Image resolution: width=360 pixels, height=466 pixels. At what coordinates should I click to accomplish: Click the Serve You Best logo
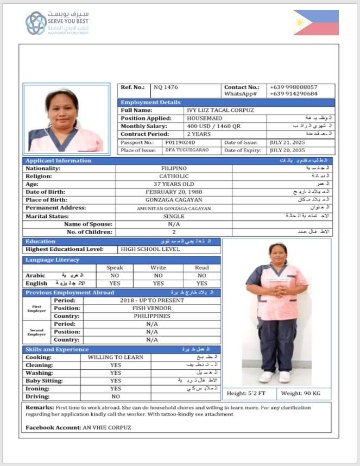[x=56, y=23]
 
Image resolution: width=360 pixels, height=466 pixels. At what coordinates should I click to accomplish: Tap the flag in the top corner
[x=315, y=22]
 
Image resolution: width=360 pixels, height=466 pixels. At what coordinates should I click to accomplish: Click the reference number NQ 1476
[x=166, y=87]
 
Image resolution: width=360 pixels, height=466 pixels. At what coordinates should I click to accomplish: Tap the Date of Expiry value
[x=288, y=150]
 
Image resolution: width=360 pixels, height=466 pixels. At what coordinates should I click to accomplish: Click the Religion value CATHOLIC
[x=174, y=177]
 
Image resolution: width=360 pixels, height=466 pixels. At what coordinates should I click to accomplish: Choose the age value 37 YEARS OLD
[x=174, y=184]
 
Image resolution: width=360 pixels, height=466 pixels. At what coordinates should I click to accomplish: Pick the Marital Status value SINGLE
[x=174, y=216]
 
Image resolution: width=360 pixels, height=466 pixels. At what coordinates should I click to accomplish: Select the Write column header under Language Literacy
[x=158, y=268]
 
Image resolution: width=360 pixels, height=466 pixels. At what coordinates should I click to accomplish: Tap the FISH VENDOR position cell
[x=151, y=308]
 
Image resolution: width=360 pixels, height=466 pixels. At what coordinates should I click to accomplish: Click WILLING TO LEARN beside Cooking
[x=116, y=357]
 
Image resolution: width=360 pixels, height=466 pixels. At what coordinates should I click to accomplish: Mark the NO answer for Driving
[x=116, y=396]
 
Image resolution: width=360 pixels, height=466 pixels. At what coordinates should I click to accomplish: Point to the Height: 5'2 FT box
[x=249, y=393]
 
